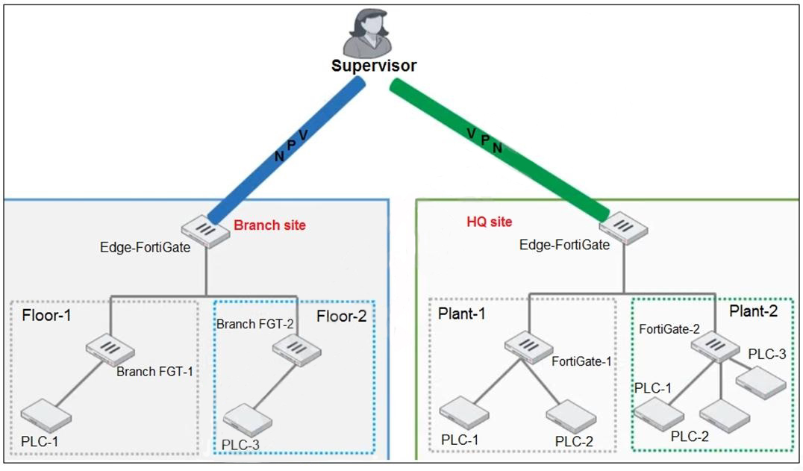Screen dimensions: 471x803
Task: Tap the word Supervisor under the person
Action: point(373,66)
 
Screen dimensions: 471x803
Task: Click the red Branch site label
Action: point(269,225)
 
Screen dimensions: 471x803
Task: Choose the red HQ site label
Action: point(488,222)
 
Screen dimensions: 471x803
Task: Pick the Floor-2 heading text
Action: point(342,316)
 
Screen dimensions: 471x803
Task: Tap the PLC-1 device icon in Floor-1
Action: point(46,415)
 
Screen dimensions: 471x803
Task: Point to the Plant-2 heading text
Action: point(753,311)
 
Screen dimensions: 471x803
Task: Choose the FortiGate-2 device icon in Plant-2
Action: point(714,347)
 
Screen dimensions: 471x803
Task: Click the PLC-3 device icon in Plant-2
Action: point(760,384)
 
